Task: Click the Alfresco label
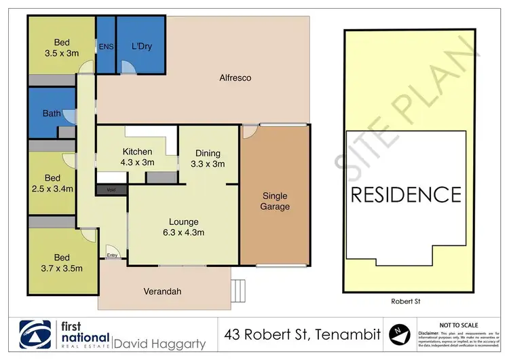click(x=235, y=78)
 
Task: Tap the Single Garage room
click(x=276, y=201)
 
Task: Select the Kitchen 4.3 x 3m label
click(x=137, y=157)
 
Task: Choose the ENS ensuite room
click(x=106, y=46)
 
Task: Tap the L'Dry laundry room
click(x=140, y=46)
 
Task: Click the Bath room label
click(x=52, y=113)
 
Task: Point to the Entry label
click(x=113, y=255)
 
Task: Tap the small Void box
click(x=112, y=190)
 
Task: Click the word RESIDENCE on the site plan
click(x=405, y=195)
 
